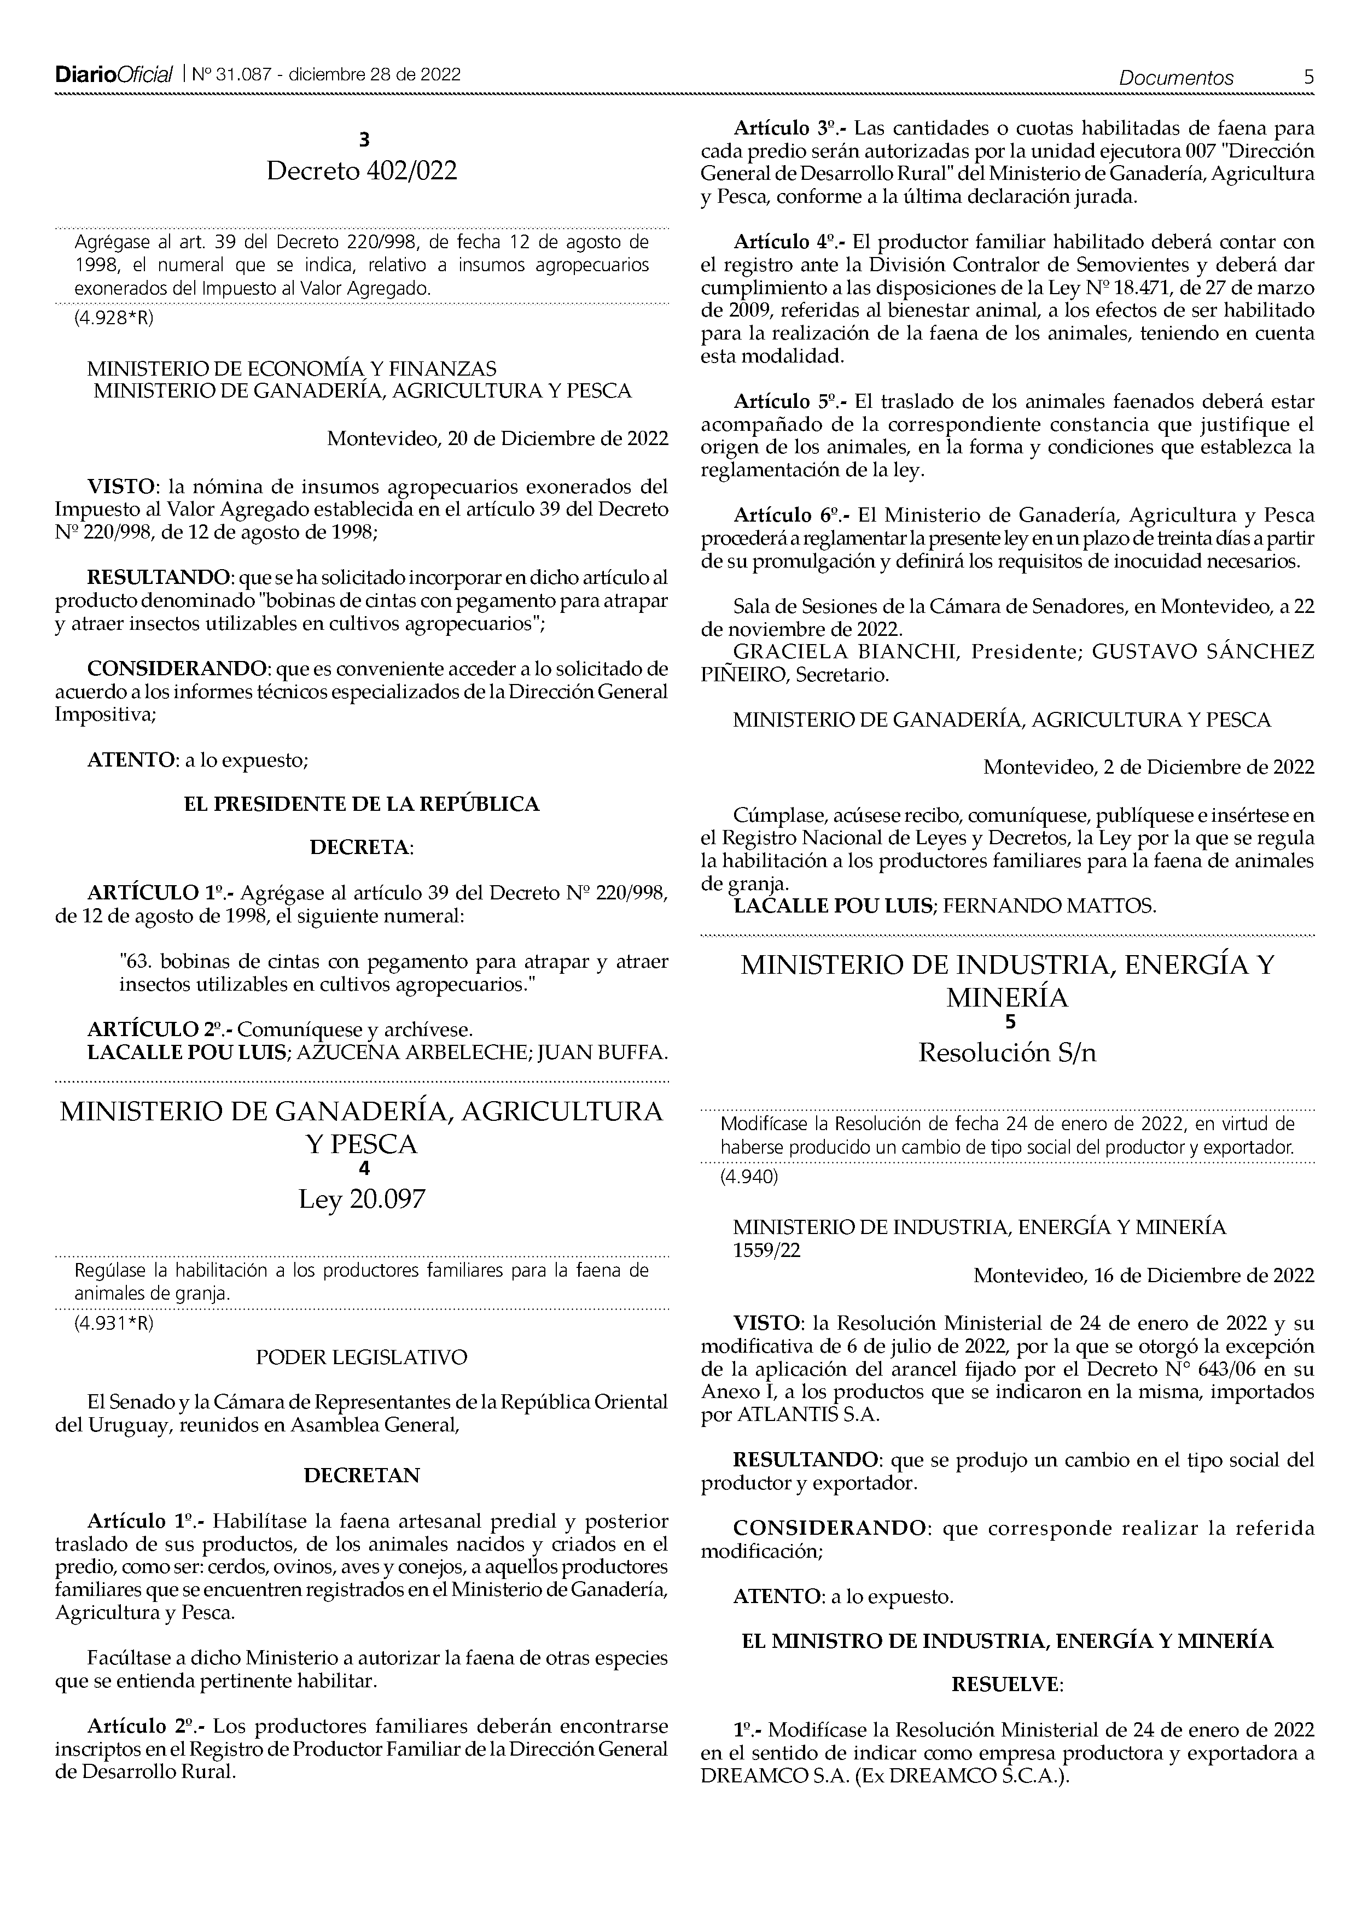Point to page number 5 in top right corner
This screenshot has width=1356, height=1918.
tap(1308, 77)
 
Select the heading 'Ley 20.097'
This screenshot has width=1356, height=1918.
tap(362, 1200)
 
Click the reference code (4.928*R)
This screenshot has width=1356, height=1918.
tap(114, 318)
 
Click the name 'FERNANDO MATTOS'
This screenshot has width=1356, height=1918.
tap(1049, 907)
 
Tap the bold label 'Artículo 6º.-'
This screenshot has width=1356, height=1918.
tap(789, 516)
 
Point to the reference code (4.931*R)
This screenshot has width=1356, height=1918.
tap(114, 1323)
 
